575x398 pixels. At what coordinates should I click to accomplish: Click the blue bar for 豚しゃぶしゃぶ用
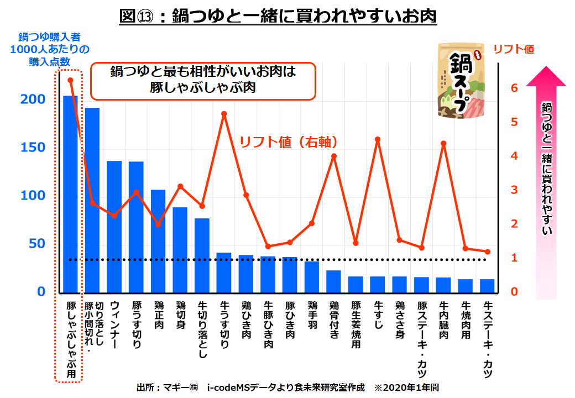(x=70, y=193)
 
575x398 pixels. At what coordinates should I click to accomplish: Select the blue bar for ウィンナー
(x=114, y=226)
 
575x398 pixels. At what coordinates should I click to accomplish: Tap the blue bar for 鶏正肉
(x=158, y=240)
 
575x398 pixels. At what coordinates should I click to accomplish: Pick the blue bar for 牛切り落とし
(x=202, y=255)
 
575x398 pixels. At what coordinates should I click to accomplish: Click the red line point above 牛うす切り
(x=224, y=114)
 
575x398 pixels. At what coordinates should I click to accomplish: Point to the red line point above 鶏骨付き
(x=334, y=156)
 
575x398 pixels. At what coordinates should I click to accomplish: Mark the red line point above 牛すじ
(x=378, y=139)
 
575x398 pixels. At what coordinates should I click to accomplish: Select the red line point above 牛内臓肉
(x=443, y=144)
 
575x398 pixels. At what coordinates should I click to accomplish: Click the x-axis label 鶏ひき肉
(x=246, y=320)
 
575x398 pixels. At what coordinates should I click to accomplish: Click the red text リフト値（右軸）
(x=288, y=142)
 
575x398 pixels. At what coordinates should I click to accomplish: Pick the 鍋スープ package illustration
(x=461, y=81)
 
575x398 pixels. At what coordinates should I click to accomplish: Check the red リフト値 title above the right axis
(x=514, y=49)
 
